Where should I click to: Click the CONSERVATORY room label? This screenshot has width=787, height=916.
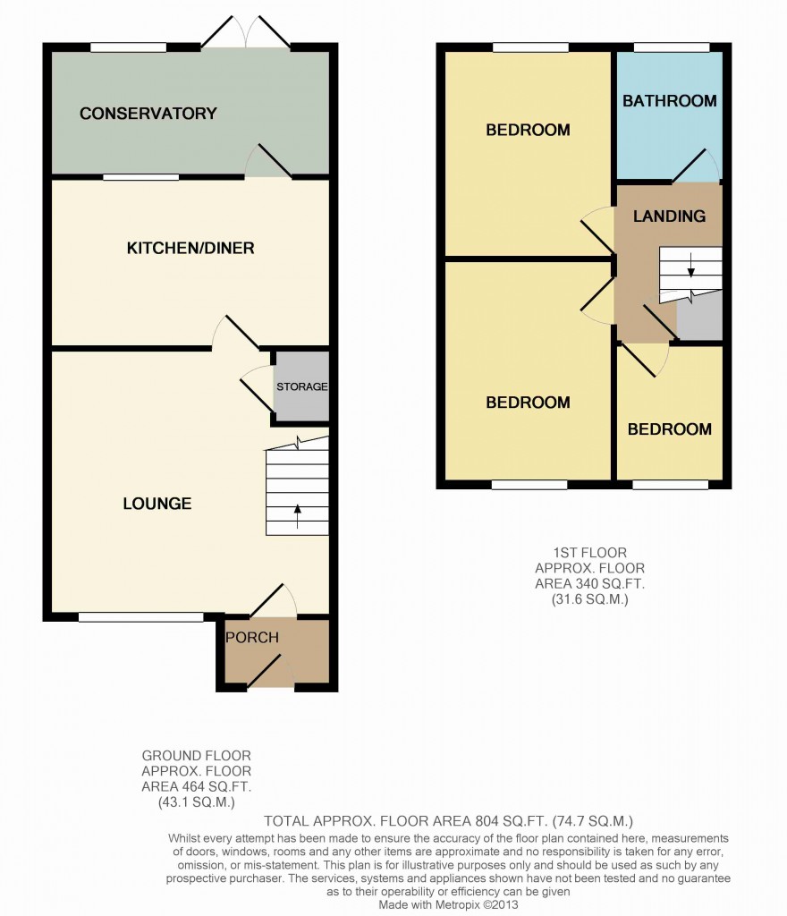pos(148,114)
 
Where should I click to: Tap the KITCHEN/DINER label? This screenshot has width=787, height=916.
pos(190,249)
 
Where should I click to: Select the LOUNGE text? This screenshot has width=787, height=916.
pos(157,504)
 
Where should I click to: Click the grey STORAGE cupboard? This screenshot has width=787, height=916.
pos(302,386)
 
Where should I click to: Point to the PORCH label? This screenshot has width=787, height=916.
pos(252,637)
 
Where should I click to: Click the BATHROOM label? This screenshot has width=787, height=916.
pos(670,101)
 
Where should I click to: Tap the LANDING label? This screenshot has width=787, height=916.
pos(670,216)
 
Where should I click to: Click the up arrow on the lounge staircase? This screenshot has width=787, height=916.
pos(298,516)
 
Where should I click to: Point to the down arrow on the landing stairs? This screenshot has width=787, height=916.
pos(691,265)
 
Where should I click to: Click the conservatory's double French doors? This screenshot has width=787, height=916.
pos(246,32)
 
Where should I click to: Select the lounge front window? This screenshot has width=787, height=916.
pos(141,617)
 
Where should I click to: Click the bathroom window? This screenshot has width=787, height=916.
pos(672,47)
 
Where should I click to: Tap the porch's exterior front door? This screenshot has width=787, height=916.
pos(270,671)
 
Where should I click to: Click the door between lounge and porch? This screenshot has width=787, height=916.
pos(273,599)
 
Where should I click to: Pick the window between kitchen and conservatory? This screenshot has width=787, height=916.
pos(141,177)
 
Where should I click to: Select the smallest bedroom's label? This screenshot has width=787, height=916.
pos(670,429)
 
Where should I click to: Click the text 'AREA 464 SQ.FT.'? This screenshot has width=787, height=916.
pos(196,786)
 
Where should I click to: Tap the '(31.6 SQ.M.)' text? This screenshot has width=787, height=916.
pos(589,598)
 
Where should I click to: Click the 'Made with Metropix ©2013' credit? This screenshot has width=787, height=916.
pos(448,905)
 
